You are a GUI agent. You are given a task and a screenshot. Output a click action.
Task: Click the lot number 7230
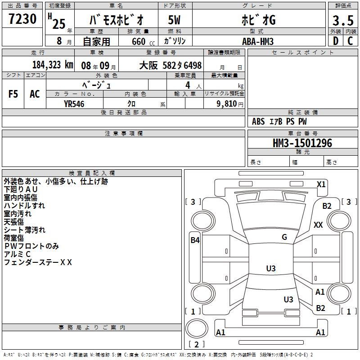[x=22, y=19]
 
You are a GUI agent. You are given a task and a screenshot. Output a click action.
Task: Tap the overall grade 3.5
[x=343, y=21]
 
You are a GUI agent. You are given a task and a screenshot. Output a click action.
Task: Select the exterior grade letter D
[x=336, y=41]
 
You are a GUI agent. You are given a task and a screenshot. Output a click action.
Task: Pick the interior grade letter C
[x=350, y=41]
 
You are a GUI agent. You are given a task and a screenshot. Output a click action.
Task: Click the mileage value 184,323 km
[x=53, y=65]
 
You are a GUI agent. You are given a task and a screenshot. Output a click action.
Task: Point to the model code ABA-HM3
[x=258, y=41]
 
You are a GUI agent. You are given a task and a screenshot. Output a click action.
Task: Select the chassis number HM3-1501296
[x=302, y=143]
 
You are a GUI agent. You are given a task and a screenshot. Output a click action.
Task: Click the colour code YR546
[x=74, y=104]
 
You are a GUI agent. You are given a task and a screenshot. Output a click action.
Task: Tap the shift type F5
[x=13, y=94]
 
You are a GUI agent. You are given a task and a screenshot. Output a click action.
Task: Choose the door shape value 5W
[x=174, y=20]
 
